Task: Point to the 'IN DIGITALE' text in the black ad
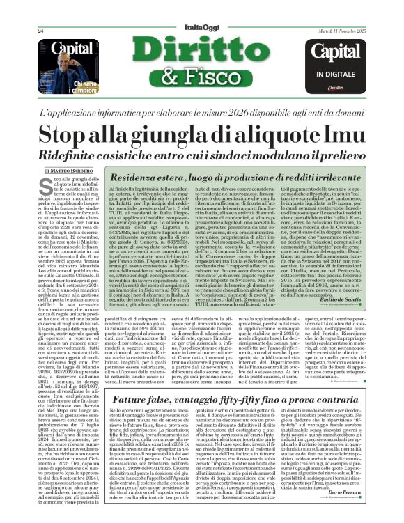pos(338,72)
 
